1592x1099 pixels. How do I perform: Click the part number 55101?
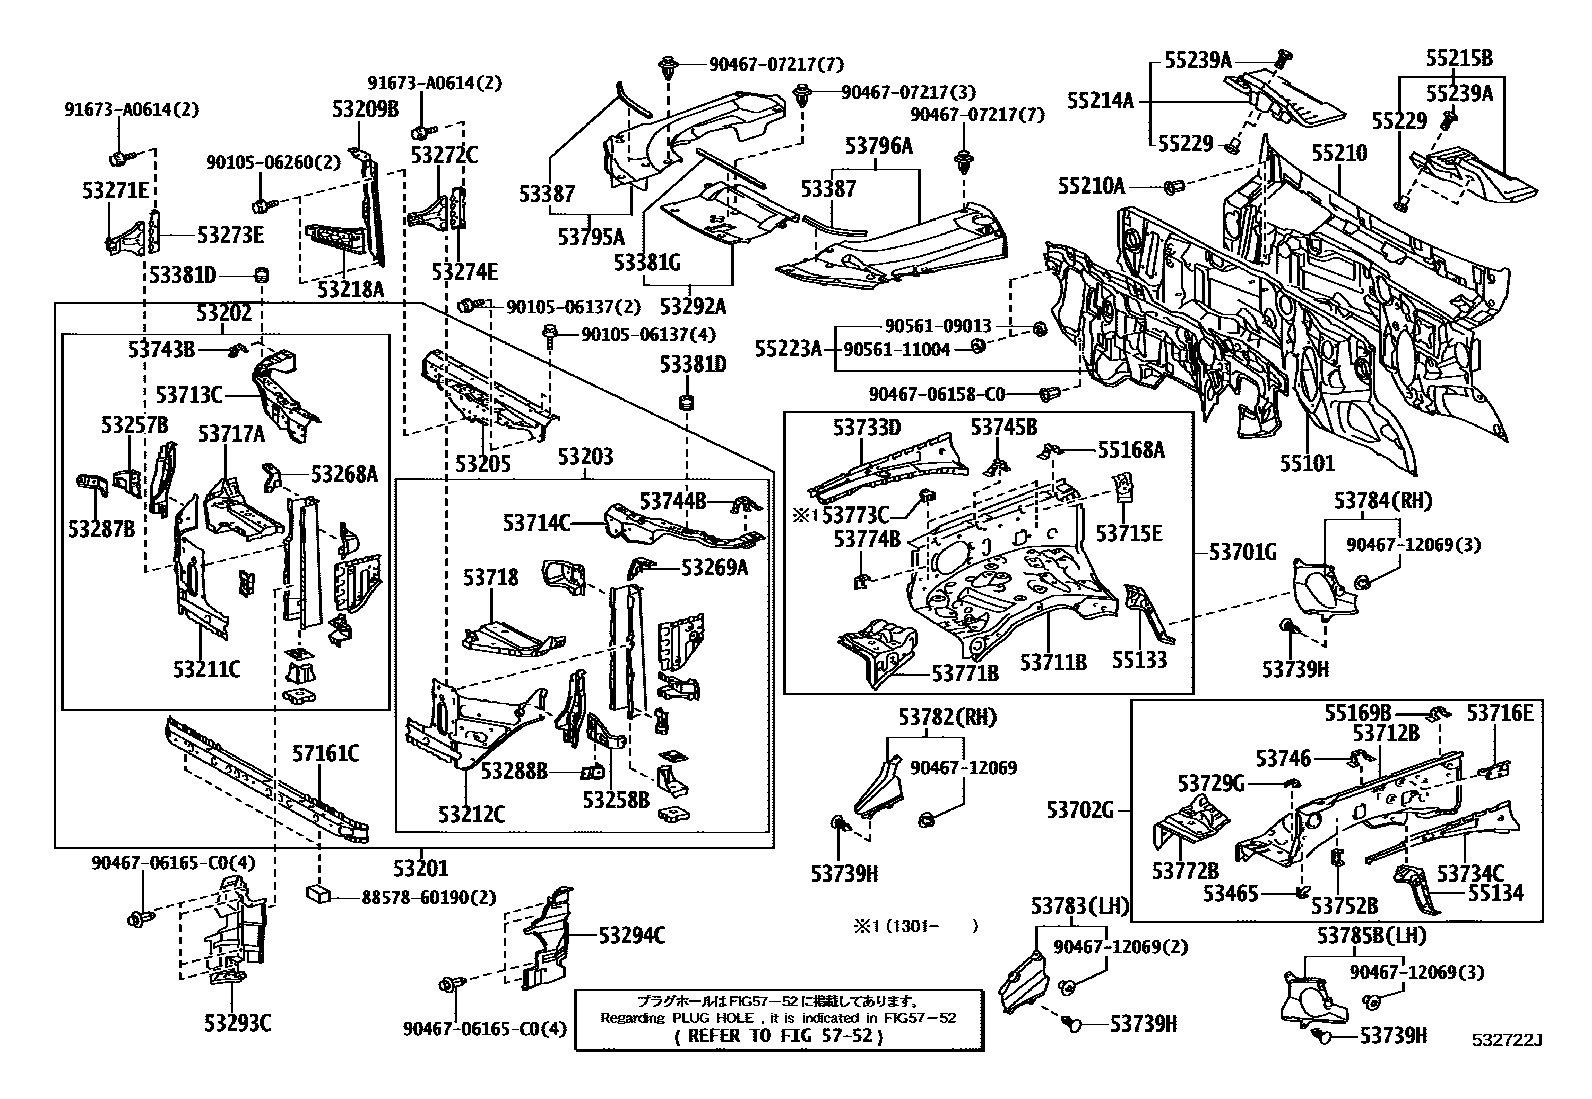pyautogui.click(x=1308, y=463)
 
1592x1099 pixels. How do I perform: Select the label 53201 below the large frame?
pyautogui.click(x=421, y=868)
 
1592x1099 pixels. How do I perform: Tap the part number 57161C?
pyautogui.click(x=326, y=754)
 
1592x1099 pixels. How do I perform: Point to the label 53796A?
pyautogui.click(x=878, y=146)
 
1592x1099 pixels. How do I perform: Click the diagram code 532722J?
pyautogui.click(x=1507, y=1040)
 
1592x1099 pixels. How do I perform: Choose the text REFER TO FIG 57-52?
pyautogui.click(x=779, y=1035)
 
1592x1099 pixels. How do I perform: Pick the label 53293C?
pyautogui.click(x=238, y=1023)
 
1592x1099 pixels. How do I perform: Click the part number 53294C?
pyautogui.click(x=632, y=936)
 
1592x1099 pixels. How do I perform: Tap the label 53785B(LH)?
pyautogui.click(x=1372, y=936)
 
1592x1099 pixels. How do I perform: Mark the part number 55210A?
pyautogui.click(x=1092, y=186)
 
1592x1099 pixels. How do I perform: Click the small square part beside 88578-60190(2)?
pyautogui.click(x=319, y=893)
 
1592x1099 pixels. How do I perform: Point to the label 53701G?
pyautogui.click(x=1243, y=552)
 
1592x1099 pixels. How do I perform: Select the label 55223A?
pyautogui.click(x=788, y=349)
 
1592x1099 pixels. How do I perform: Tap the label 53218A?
pyautogui.click(x=350, y=289)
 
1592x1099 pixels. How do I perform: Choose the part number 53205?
pyautogui.click(x=483, y=464)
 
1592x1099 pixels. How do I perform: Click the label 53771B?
pyautogui.click(x=965, y=672)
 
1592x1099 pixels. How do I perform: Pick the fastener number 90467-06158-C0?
pyautogui.click(x=937, y=395)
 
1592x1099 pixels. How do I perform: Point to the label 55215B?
pyautogui.click(x=1459, y=58)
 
